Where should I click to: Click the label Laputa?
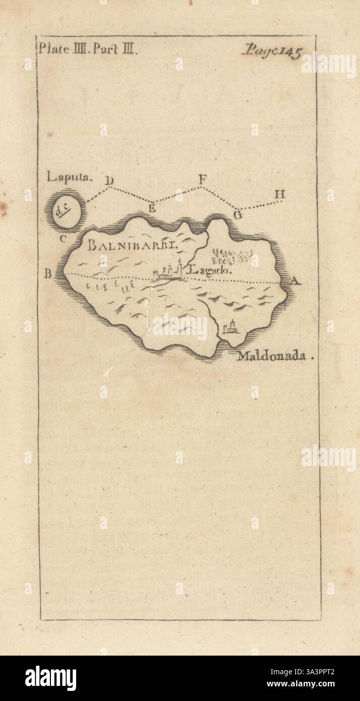63,177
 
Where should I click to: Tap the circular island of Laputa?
66,208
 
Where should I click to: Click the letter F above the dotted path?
202,179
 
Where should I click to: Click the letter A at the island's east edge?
295,282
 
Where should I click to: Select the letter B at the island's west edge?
48,274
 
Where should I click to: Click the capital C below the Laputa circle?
63,239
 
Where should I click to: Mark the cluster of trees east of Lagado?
230,256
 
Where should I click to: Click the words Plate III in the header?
61,49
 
